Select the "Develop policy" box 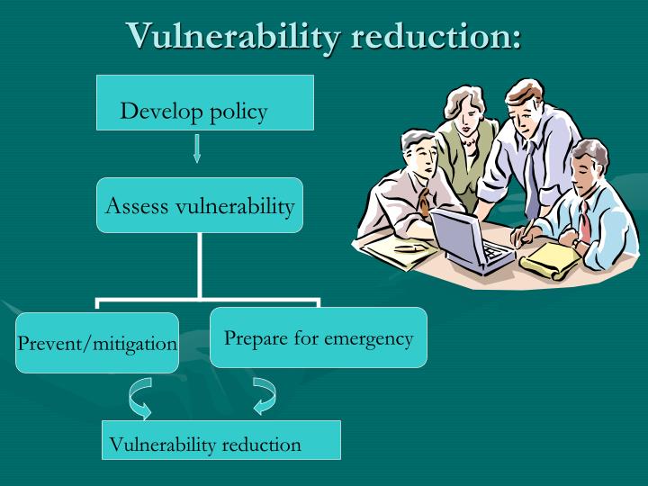tap(204, 103)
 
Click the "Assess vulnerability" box tap(200, 205)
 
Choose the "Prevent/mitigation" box tap(97, 343)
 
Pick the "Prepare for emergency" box tap(318, 337)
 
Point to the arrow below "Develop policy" tap(197, 148)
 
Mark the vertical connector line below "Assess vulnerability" tap(199, 265)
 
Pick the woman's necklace tap(471, 142)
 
